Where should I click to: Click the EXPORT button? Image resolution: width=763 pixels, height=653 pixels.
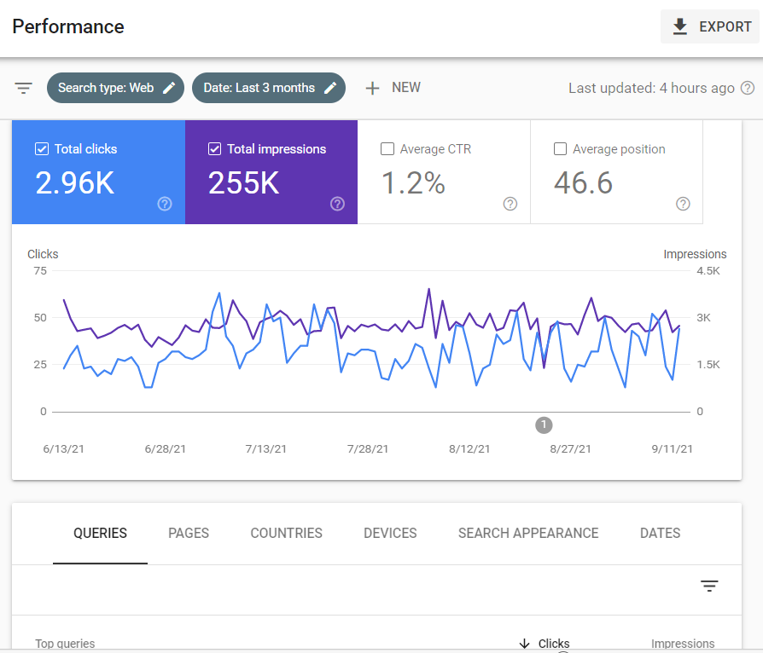[710, 26]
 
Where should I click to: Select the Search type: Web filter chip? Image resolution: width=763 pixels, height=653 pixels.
[115, 88]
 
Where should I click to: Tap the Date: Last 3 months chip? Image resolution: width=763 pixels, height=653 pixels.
[268, 88]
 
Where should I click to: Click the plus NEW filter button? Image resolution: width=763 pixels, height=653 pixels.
[393, 88]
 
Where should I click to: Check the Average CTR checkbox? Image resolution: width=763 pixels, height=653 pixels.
[387, 149]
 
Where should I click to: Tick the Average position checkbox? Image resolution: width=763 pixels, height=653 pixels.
[560, 149]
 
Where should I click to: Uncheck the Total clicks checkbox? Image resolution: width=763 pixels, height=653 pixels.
[42, 149]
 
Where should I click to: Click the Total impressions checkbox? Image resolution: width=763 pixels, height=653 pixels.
[214, 149]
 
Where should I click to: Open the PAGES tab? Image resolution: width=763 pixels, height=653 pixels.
[189, 533]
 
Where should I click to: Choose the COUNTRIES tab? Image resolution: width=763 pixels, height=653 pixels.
[286, 533]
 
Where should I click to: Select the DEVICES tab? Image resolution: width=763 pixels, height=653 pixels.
[390, 533]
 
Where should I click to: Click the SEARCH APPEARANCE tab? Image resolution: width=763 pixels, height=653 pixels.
[528, 533]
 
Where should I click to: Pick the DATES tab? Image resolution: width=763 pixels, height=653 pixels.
[660, 533]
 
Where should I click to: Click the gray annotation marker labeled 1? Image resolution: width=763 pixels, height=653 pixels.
[544, 425]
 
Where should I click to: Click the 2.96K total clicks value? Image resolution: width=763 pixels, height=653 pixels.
[75, 182]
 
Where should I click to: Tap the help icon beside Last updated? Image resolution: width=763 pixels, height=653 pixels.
[748, 88]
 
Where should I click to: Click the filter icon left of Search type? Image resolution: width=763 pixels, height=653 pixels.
[23, 88]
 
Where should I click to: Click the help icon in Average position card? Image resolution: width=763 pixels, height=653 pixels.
[683, 204]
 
